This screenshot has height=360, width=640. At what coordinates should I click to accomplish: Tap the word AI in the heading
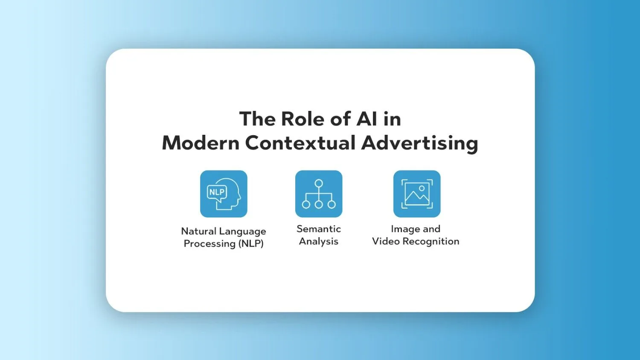367,119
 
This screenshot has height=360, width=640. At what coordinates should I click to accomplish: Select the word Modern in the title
201,142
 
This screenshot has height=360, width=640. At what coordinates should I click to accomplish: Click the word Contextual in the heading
300,142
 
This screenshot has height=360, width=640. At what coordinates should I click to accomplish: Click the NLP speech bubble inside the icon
217,193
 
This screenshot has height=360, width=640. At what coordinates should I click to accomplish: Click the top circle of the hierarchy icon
319,183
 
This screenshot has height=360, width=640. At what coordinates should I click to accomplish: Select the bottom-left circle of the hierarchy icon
306,204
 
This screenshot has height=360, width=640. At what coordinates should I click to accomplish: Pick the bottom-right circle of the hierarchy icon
332,204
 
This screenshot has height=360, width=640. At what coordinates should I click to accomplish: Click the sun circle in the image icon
422,188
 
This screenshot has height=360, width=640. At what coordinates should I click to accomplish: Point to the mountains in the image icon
417,197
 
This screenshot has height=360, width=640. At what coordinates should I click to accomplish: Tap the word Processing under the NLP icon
209,244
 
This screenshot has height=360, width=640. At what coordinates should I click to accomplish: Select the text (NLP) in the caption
251,244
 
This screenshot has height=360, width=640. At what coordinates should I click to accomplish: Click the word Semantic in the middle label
319,229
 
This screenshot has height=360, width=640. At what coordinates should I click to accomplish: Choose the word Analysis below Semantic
319,242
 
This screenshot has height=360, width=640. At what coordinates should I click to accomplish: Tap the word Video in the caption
386,241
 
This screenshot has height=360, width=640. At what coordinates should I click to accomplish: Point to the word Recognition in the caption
431,242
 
